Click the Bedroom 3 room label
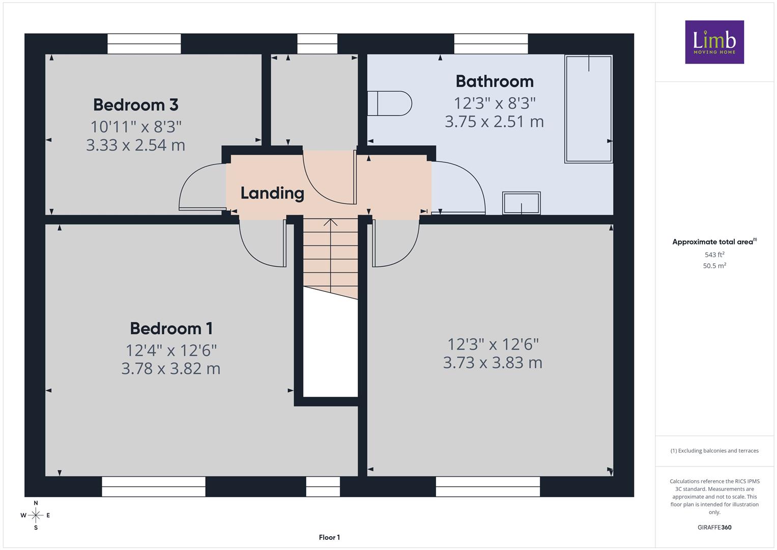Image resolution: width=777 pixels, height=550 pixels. [136, 105]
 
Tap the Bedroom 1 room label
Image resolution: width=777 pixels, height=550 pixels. [171, 328]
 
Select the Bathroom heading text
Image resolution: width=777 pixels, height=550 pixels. [495, 81]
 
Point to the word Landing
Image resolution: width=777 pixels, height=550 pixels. [272, 194]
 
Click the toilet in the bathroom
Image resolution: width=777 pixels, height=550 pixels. [389, 103]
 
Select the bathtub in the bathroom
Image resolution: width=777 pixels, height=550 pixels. [588, 108]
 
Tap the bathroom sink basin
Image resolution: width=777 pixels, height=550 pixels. [522, 203]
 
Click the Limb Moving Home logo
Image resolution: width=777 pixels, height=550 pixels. [714, 42]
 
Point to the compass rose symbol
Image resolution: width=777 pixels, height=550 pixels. [36, 515]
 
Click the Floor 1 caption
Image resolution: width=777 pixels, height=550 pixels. [329, 537]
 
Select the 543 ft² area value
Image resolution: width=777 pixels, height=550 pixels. [714, 255]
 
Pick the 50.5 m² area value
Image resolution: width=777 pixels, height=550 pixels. [714, 266]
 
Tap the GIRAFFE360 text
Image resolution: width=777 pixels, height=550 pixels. [714, 527]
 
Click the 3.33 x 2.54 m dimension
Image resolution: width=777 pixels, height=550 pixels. [136, 145]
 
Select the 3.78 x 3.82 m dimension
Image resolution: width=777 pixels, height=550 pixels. [171, 369]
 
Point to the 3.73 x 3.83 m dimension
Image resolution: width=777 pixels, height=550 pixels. [493, 363]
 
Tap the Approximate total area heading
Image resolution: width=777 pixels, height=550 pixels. [714, 242]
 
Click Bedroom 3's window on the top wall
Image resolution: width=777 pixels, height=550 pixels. [144, 44]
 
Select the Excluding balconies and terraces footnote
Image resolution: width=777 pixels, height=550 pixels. [714, 451]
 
